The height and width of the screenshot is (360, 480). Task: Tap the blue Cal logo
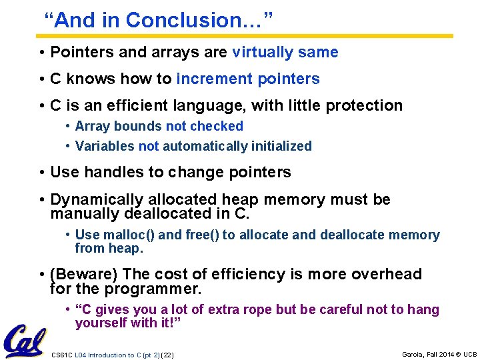coord(25,341)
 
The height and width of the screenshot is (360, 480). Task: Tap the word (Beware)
coord(85,274)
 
